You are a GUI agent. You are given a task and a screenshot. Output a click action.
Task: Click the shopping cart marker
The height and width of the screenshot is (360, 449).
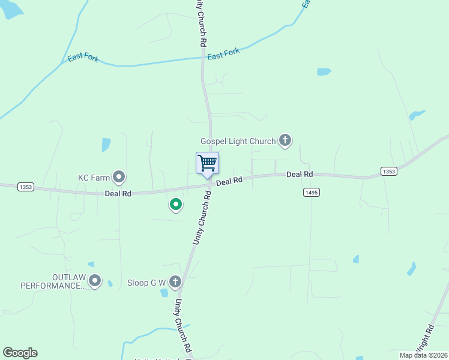point(207,163)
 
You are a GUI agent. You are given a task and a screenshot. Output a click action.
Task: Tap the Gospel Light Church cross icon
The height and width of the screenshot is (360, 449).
point(285,141)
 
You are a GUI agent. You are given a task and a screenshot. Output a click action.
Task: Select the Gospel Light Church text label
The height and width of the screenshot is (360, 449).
point(238,141)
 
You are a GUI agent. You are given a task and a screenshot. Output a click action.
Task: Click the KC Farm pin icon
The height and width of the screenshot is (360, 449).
point(119,177)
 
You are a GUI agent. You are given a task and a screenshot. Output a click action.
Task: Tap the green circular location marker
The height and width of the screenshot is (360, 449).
point(176,205)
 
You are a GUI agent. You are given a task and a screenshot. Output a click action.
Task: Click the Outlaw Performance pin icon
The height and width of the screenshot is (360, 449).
point(94,280)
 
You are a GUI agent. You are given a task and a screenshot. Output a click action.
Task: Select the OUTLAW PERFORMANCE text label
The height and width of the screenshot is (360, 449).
point(53,281)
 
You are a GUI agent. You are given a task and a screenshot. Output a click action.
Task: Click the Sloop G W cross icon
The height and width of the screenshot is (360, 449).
point(175,281)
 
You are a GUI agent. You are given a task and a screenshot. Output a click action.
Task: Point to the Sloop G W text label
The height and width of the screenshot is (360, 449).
point(146,282)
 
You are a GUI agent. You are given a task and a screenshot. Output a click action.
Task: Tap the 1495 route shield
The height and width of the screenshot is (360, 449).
point(311,192)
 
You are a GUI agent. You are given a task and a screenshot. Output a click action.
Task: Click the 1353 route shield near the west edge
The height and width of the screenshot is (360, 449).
point(25,187)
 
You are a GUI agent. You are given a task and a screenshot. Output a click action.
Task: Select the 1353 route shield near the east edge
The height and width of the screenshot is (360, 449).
point(388,172)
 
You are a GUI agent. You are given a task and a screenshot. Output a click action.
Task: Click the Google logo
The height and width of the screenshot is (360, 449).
point(20,353)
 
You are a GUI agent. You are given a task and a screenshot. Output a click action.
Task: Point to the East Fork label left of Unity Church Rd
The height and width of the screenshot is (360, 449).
point(83,58)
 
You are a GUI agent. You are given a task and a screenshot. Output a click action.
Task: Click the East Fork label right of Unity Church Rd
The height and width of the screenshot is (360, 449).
point(223,54)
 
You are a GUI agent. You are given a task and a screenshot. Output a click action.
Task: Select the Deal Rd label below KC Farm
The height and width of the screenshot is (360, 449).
point(118,194)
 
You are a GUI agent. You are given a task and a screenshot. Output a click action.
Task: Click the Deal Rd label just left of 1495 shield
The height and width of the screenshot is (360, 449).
point(300,174)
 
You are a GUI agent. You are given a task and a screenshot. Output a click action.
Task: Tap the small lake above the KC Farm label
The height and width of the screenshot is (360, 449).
point(106,145)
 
